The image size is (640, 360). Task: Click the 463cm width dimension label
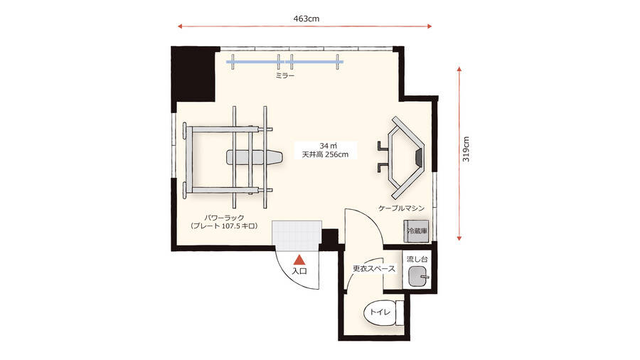coord(306,18)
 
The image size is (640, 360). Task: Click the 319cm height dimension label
coord(466,149)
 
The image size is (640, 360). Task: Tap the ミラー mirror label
coord(285,75)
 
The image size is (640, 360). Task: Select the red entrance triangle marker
coord(300,260)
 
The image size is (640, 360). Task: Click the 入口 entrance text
coord(300,270)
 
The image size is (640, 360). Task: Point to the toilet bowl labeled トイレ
coord(380,312)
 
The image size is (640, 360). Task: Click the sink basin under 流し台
coord(417,276)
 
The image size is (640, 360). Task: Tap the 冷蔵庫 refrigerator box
coord(416,231)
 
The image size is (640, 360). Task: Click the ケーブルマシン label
coord(402,208)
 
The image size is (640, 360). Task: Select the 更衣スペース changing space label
coord(374,268)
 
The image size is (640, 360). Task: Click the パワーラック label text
coord(225,218)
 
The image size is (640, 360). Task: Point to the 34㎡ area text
coord(328,146)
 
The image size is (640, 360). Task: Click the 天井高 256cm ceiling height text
coord(325,154)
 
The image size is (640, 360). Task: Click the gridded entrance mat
coord(297,235)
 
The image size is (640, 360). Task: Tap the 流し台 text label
coord(417,259)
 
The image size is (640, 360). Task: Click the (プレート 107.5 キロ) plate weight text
coord(225,226)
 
